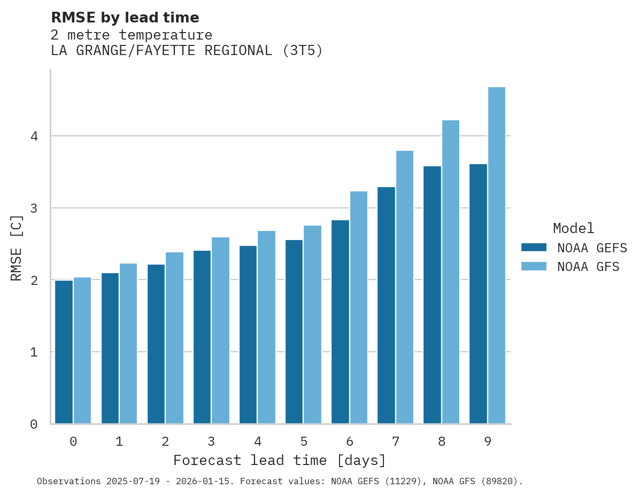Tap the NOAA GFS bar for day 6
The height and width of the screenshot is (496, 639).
359,307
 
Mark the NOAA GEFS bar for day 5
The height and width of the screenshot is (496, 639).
294,331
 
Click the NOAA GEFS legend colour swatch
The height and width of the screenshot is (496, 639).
534,247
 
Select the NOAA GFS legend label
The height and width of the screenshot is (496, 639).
588,267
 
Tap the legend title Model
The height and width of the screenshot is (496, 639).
573,228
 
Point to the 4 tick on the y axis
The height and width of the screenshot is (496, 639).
34,136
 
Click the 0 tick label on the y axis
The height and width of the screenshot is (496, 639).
34,424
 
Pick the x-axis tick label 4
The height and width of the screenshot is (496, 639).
258,441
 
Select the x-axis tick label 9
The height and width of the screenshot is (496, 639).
488,441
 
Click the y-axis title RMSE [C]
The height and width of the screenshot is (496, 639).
17,247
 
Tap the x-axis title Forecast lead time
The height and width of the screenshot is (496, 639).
279,460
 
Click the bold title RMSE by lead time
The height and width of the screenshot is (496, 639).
125,18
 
